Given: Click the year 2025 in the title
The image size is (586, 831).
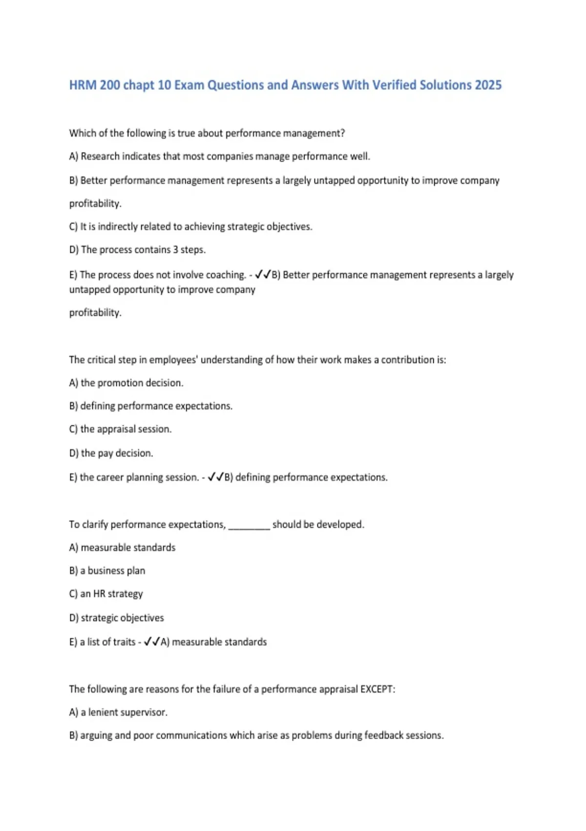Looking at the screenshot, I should click(488, 85).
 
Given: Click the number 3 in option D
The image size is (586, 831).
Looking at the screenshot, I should click(175, 250).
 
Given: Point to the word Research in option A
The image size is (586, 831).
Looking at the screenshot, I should click(100, 156).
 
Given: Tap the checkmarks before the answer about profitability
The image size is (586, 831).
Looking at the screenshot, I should click(263, 275).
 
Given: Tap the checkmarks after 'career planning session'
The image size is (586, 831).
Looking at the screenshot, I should click(215, 477).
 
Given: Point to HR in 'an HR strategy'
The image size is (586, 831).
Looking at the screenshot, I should click(99, 594).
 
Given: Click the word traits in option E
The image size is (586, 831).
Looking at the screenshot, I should click(125, 642).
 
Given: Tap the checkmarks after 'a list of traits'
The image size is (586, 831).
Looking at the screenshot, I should click(152, 642).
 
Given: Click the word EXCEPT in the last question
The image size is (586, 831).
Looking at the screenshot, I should click(377, 689).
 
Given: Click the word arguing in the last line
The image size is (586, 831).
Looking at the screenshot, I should click(96, 736).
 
